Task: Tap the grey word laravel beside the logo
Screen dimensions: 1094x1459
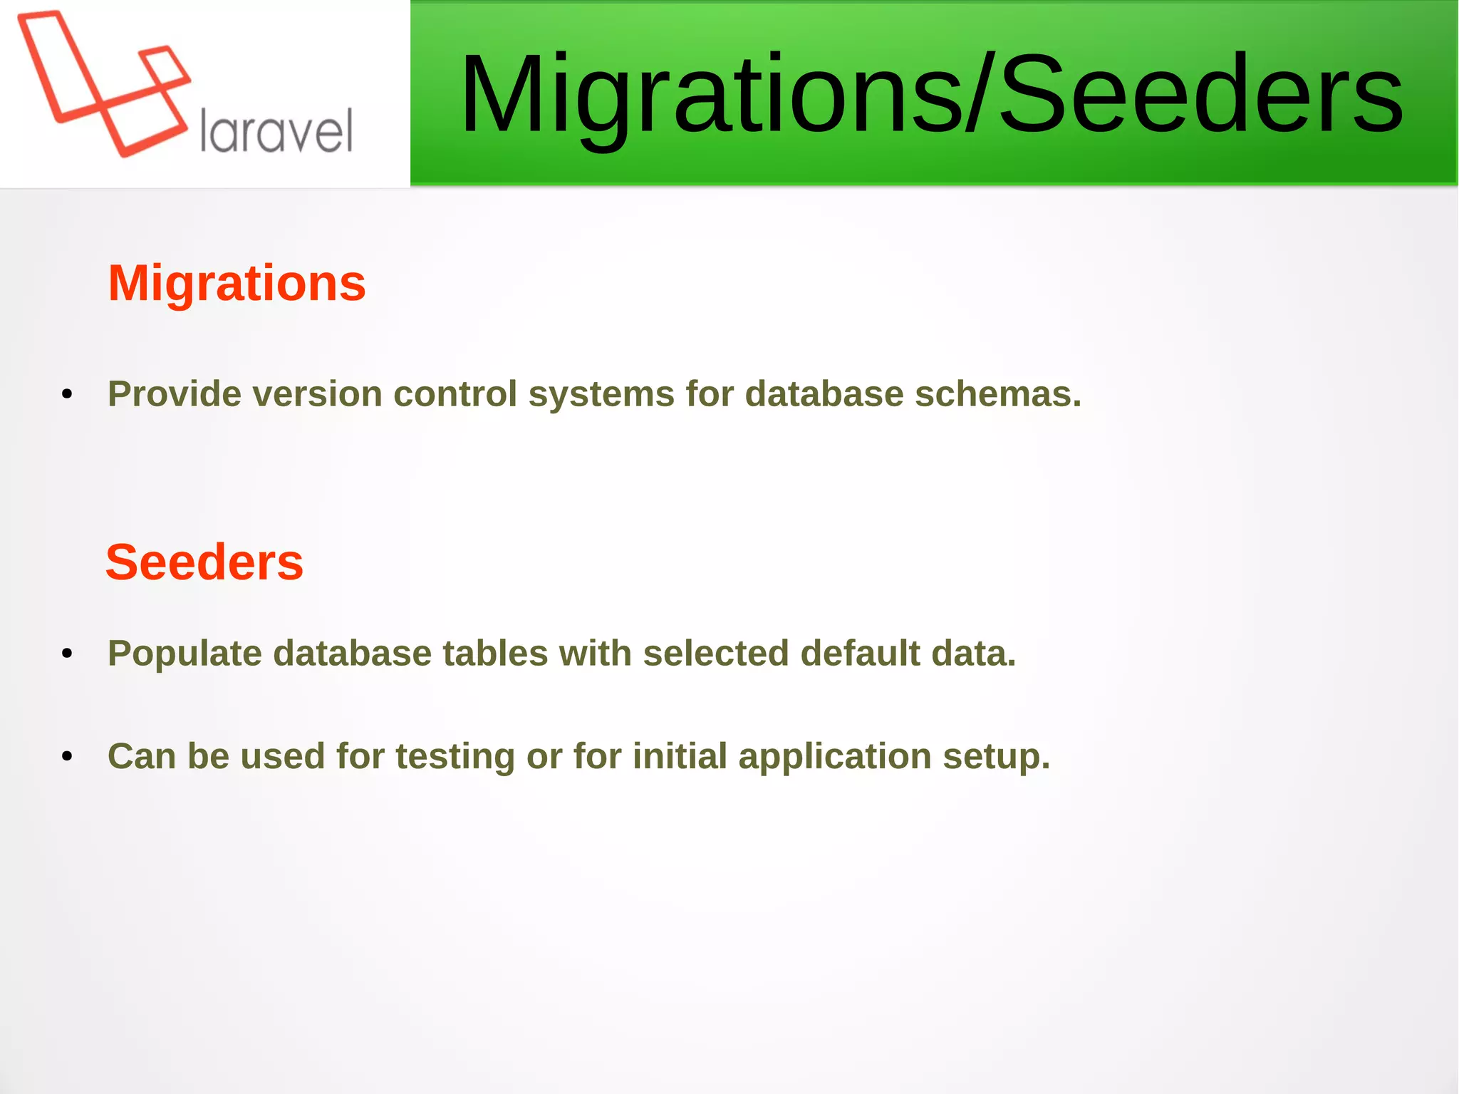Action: coord(276,131)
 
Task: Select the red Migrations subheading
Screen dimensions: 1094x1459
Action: coord(237,283)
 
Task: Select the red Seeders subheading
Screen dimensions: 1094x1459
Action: coord(204,562)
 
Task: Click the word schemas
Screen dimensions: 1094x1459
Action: coord(997,394)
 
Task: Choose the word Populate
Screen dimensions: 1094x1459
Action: coord(185,654)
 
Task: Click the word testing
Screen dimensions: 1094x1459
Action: coord(455,757)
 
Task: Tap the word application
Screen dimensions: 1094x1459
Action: coord(834,757)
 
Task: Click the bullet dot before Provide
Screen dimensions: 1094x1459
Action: coord(67,395)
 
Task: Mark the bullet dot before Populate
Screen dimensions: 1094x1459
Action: coord(67,654)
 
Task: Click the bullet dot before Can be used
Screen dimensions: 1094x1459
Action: coord(67,757)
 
